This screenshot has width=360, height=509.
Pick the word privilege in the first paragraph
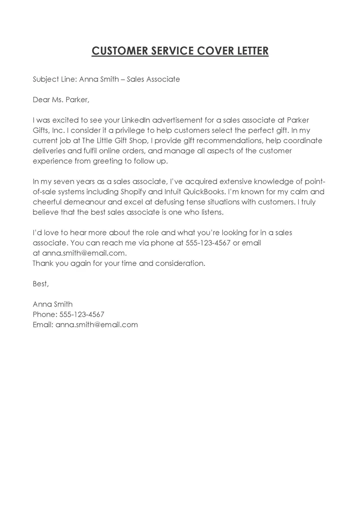[114, 131]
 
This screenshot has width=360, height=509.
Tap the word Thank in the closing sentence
[43, 263]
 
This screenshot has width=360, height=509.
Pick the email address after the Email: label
[96, 324]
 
